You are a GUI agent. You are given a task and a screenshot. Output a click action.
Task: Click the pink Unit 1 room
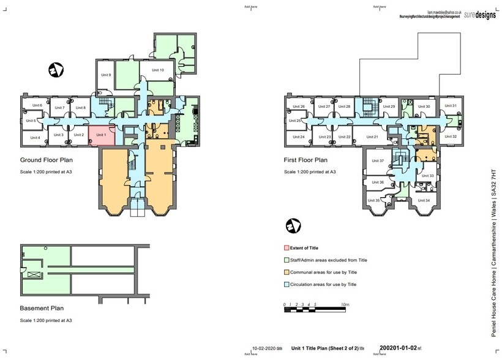pos(102,136)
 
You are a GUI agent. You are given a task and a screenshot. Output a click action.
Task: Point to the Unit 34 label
pos(423,200)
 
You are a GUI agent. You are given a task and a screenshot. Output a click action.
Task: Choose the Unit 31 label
pos(451,106)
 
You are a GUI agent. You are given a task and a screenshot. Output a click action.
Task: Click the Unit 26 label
pos(299,107)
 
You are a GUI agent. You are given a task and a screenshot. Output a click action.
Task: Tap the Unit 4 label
pos(34,138)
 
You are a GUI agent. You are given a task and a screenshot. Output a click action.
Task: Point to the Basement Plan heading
pos(42,309)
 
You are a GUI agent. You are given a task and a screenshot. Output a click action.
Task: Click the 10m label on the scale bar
pos(345,304)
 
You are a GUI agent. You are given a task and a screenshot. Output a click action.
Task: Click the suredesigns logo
pos(476,13)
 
